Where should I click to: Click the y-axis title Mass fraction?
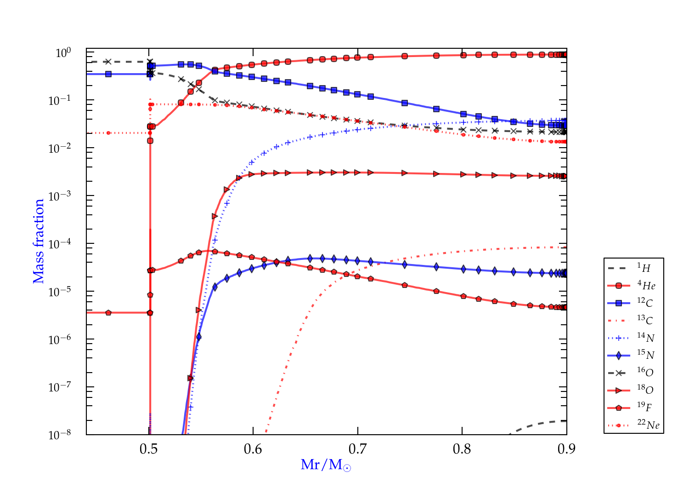[x=39, y=241]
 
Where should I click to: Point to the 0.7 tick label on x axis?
[x=357, y=449]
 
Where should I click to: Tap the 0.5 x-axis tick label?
[x=148, y=449]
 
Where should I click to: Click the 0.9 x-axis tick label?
[x=566, y=449]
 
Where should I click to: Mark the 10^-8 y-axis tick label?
[x=60, y=434]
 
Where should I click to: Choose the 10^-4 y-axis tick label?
[x=60, y=243]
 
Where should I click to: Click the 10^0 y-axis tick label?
[x=63, y=53]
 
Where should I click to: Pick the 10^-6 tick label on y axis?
[x=60, y=339]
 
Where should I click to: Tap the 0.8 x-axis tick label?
[x=462, y=449]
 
